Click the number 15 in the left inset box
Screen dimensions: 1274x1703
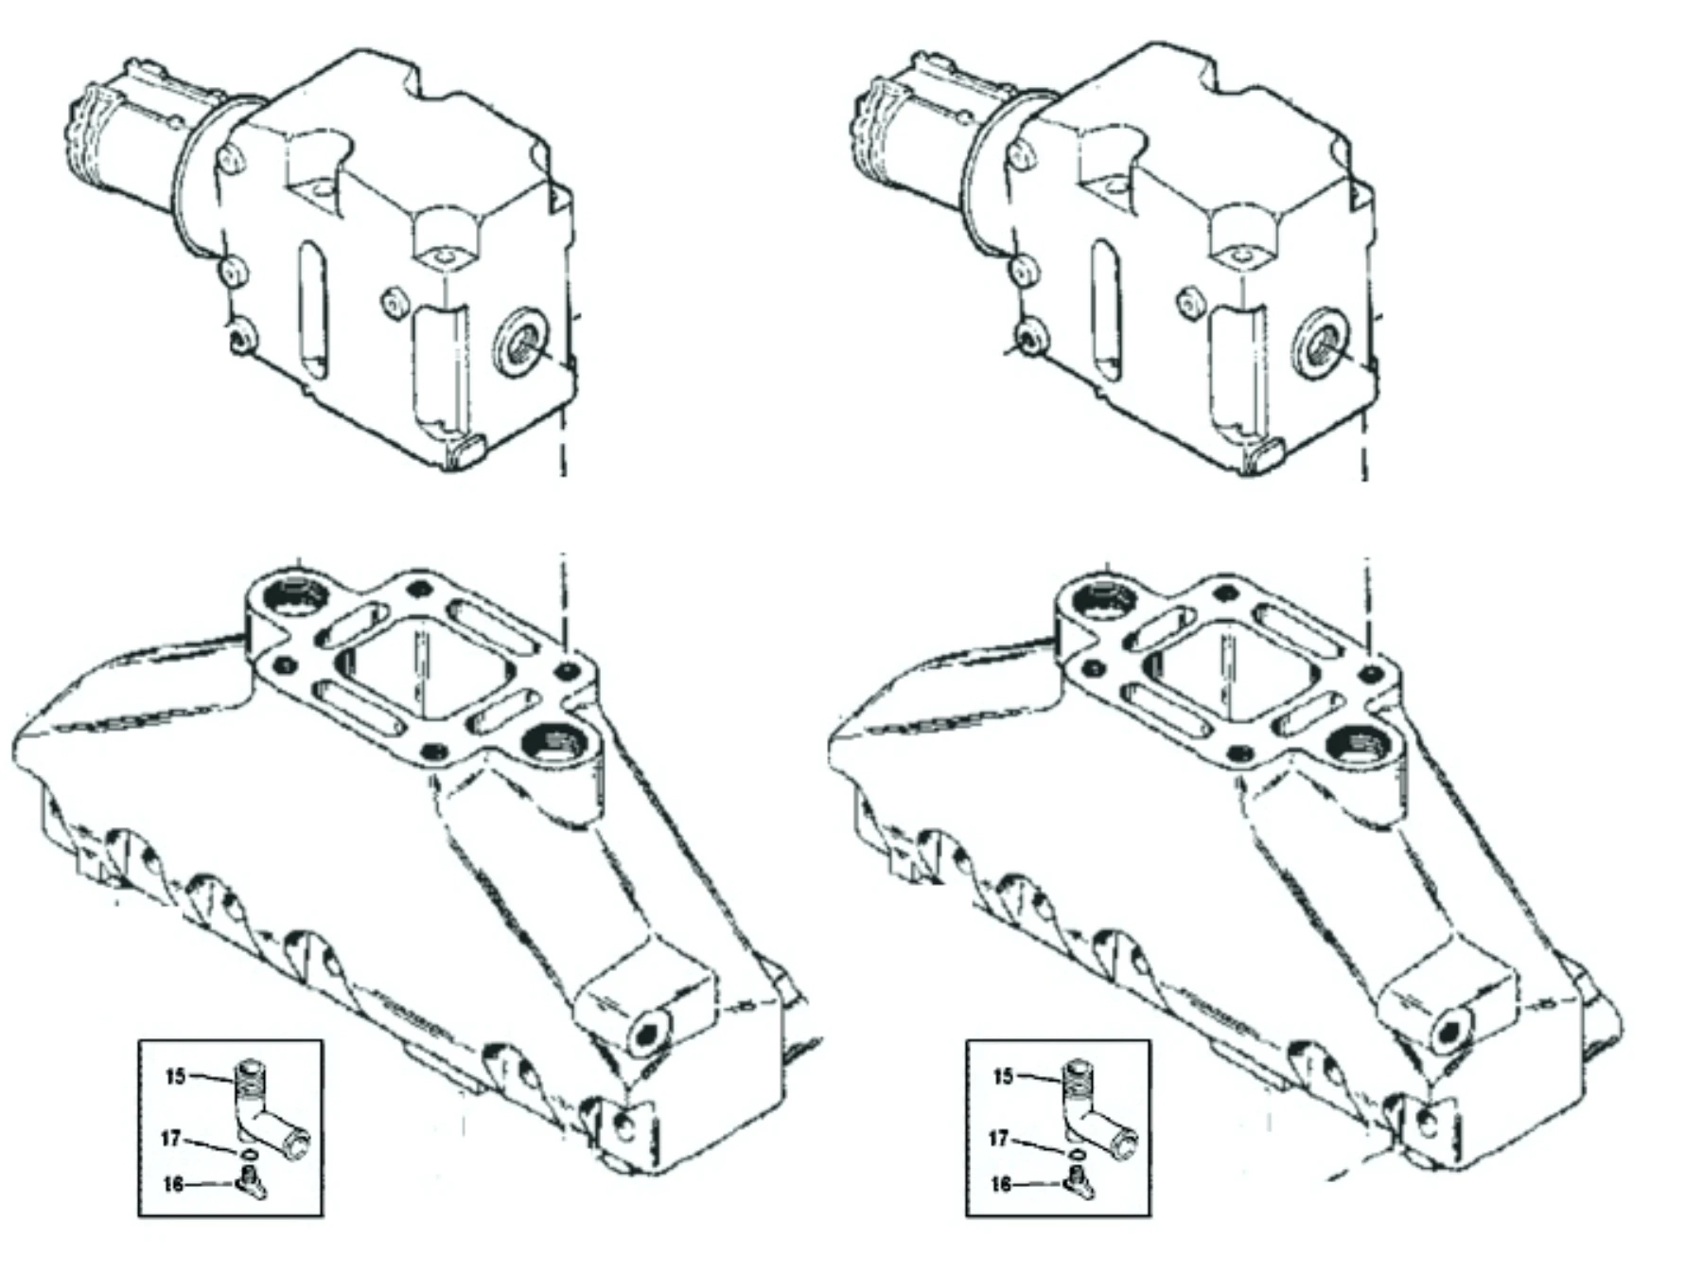(x=175, y=1076)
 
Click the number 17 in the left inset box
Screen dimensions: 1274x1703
(x=170, y=1138)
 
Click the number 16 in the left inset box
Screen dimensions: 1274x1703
(x=172, y=1184)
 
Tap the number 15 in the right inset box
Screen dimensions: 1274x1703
(x=1003, y=1076)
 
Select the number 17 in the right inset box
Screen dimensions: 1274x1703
(x=998, y=1138)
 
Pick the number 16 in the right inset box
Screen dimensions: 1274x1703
(x=1000, y=1184)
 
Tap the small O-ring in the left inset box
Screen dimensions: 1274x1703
(x=249, y=1154)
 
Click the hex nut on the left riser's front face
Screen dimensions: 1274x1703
(x=394, y=304)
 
